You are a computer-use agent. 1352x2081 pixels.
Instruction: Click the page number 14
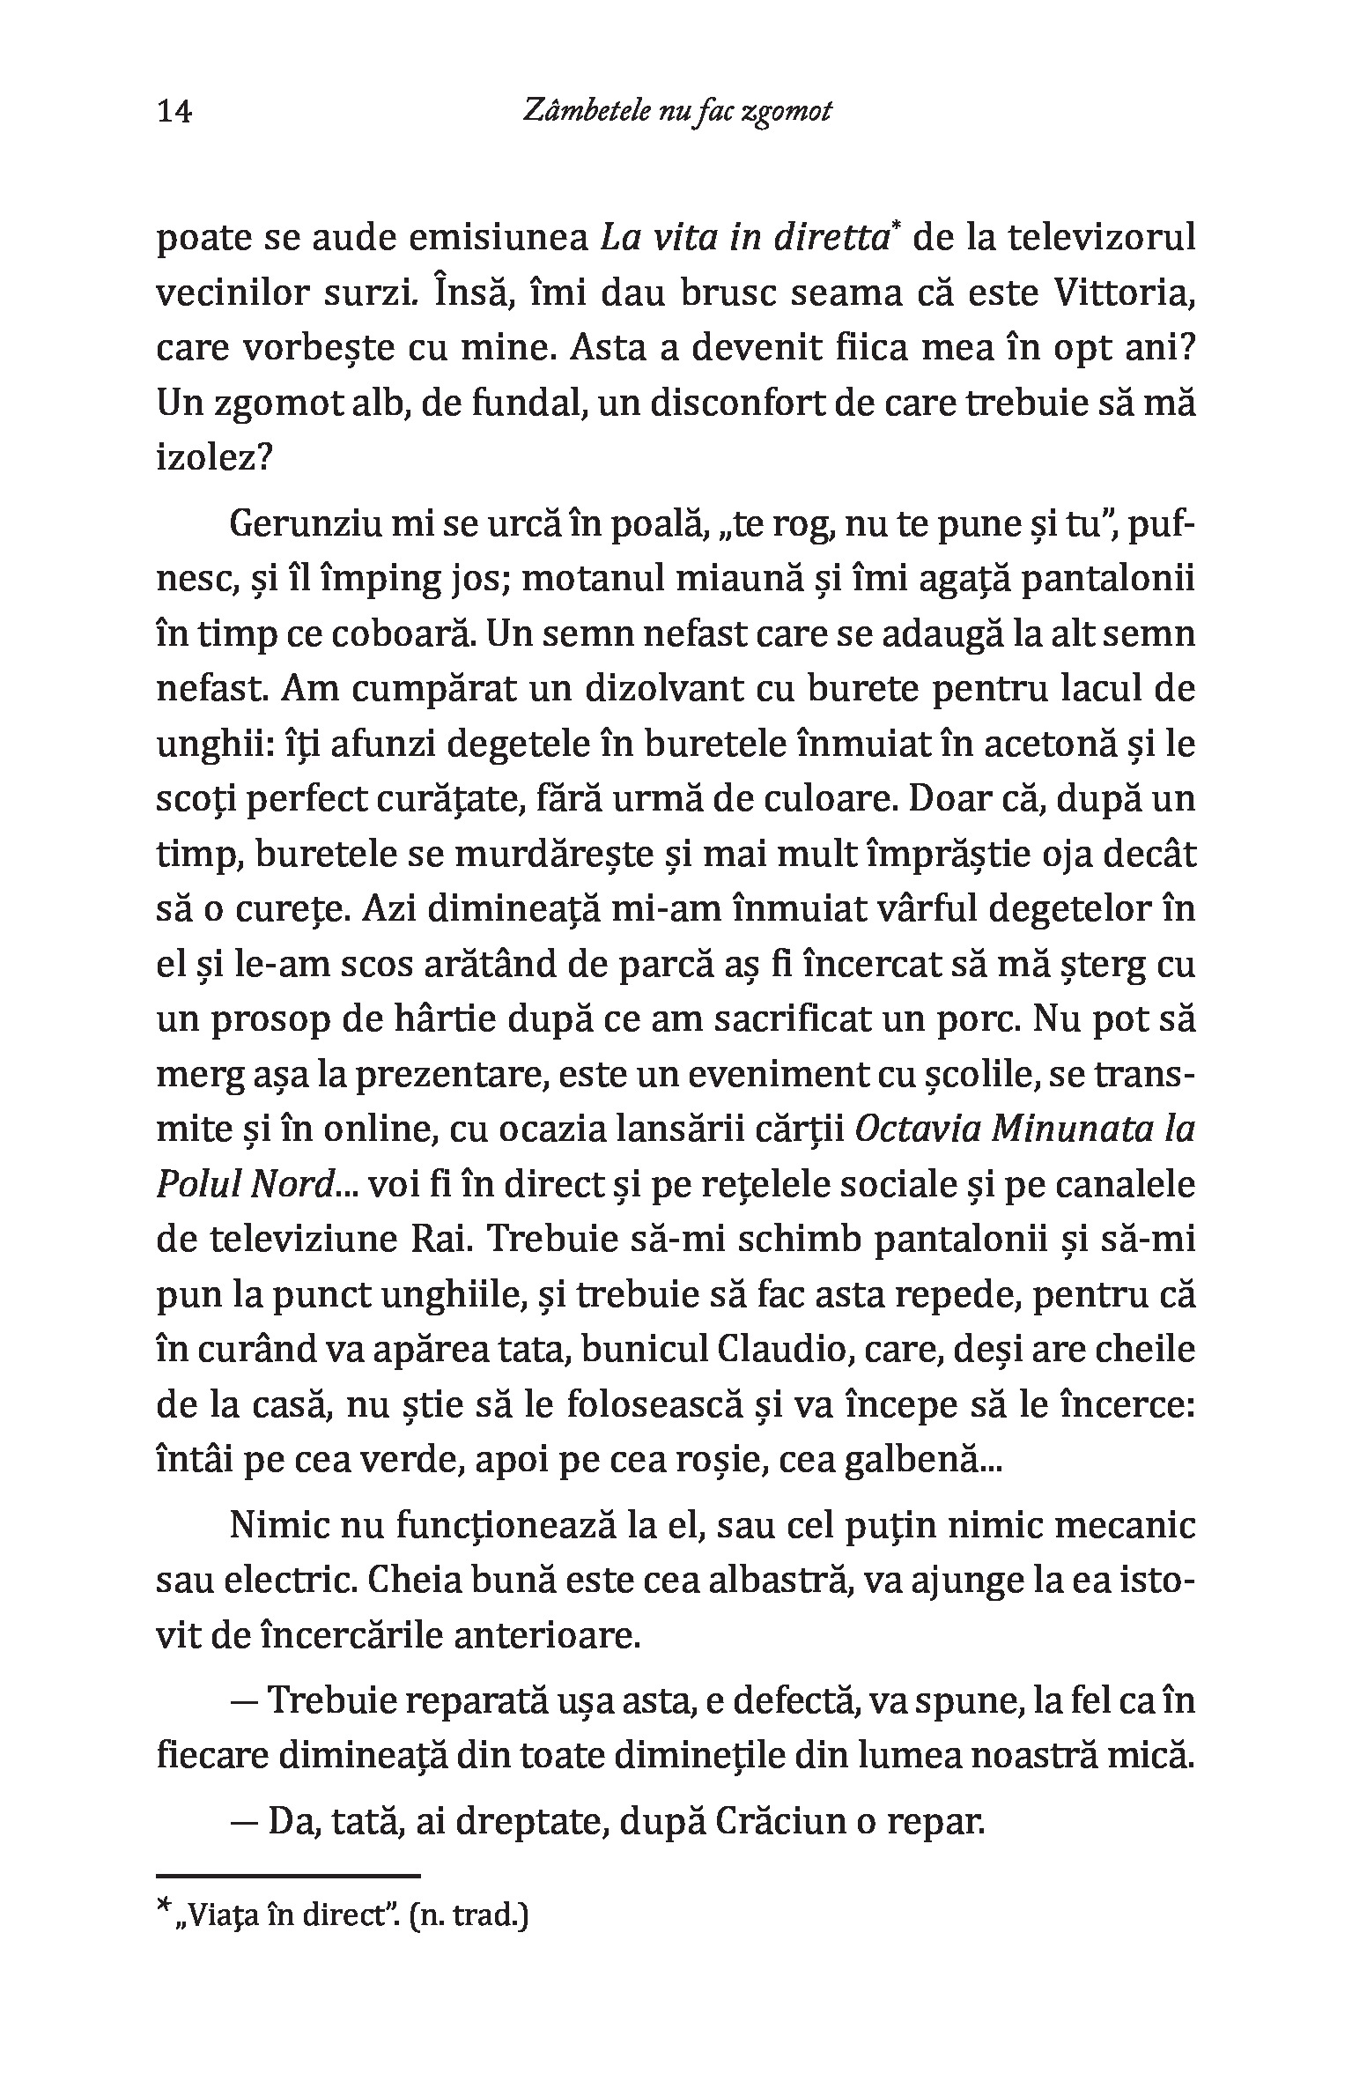174,113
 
